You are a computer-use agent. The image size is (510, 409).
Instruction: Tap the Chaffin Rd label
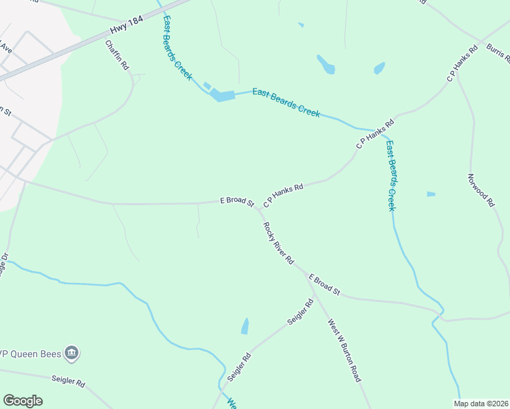tap(117, 56)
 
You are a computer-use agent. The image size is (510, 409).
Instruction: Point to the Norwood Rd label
tap(480, 190)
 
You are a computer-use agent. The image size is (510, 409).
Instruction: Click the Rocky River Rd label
tap(278, 243)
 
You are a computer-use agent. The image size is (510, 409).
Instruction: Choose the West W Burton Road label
tap(344, 350)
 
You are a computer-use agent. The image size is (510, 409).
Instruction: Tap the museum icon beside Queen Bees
tap(72, 352)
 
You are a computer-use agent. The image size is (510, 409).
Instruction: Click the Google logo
tap(22, 401)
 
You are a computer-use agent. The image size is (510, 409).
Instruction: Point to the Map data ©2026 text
tap(481, 404)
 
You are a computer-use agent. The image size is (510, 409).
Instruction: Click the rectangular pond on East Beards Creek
tap(222, 95)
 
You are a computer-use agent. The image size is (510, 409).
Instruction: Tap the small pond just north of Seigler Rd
tap(245, 327)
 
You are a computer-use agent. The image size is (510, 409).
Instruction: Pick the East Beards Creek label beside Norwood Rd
tap(391, 176)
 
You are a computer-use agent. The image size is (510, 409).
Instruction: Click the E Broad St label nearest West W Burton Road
tap(325, 284)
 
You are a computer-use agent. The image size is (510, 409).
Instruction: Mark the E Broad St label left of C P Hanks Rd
tap(237, 202)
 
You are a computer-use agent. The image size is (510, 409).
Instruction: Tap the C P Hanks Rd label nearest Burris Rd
tap(460, 67)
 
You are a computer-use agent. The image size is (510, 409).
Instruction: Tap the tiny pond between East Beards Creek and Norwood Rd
tap(431, 194)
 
